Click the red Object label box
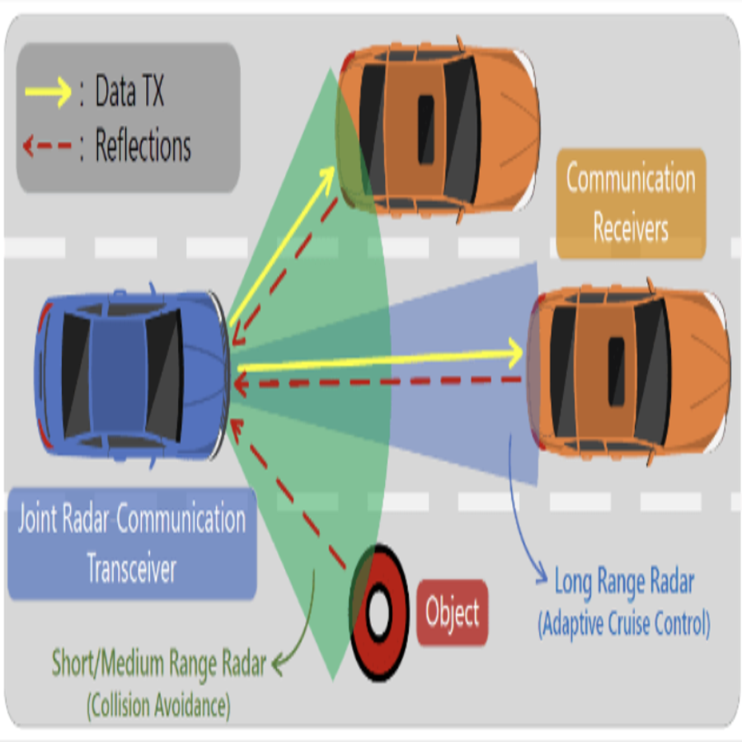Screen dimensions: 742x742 (452, 613)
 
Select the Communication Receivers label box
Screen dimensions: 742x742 (631, 203)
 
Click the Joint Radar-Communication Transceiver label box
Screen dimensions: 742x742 (132, 544)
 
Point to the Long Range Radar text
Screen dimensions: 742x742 (624, 582)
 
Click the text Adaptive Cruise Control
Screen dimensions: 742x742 (624, 624)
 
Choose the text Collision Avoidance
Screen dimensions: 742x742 (159, 705)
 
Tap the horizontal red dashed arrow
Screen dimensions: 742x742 (379, 381)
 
